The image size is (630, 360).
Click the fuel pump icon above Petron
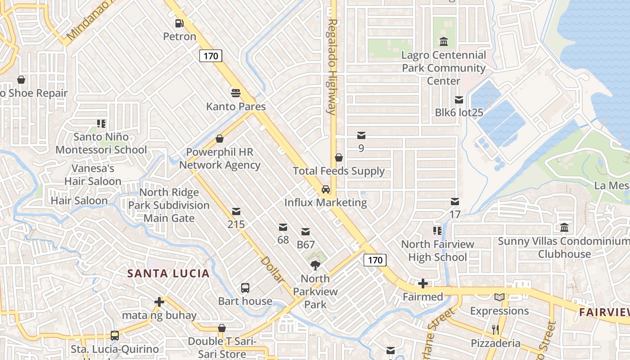pos(180,23)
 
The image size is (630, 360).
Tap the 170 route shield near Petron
pos(211,56)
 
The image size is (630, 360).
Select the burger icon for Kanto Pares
pos(236,93)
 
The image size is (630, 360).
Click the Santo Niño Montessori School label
pos(101,143)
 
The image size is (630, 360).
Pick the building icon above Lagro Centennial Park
pos(444,42)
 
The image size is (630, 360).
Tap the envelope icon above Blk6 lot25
pos(459,99)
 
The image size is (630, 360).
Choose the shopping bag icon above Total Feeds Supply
pos(339,157)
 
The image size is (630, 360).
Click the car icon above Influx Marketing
pos(326,189)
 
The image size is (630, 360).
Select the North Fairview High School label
pos(437,251)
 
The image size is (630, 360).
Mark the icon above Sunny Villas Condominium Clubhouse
pos(564,228)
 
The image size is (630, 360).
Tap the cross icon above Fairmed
pos(423,283)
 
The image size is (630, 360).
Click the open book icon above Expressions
pos(499,297)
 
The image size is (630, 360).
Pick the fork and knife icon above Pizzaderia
pos(495,330)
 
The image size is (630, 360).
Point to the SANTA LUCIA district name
pos(168,273)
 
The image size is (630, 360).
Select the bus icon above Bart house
pos(245,288)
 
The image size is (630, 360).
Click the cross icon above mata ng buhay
pos(159,302)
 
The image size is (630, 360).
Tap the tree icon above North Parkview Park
pos(315,265)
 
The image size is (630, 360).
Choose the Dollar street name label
pos(272,270)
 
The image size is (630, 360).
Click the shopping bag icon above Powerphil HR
pos(220,139)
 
